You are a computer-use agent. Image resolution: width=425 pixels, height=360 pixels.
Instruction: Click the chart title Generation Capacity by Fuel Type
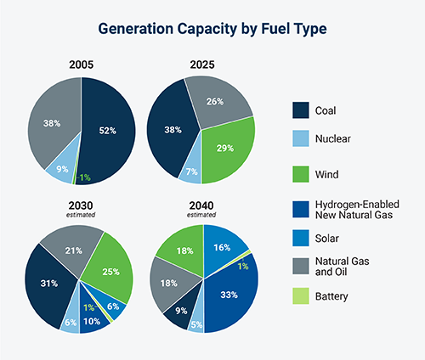(212, 27)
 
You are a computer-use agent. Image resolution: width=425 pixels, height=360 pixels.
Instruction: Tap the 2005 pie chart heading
(82, 65)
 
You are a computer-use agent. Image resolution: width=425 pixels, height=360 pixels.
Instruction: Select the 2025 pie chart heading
(201, 65)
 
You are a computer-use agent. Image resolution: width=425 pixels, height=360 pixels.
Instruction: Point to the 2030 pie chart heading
(82, 205)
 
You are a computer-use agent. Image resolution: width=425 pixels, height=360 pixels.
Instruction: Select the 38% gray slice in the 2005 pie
(53, 123)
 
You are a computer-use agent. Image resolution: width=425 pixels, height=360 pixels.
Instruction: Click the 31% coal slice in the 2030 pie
(49, 282)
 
